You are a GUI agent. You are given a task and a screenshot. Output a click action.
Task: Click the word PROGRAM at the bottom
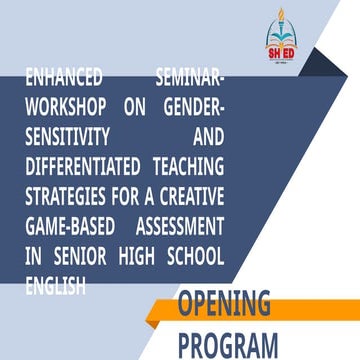(229, 343)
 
